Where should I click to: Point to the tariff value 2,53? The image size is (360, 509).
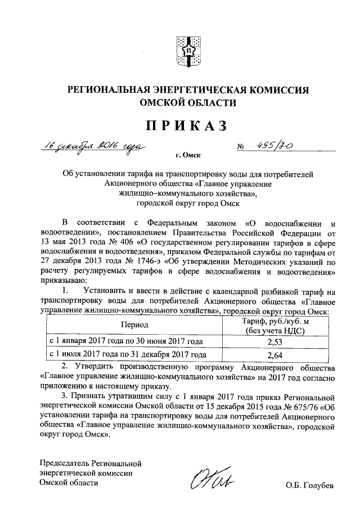point(276,341)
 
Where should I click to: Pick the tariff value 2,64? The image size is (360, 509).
point(276,355)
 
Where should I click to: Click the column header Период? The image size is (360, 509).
point(134,325)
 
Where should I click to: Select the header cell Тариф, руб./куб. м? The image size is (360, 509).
point(276,321)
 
